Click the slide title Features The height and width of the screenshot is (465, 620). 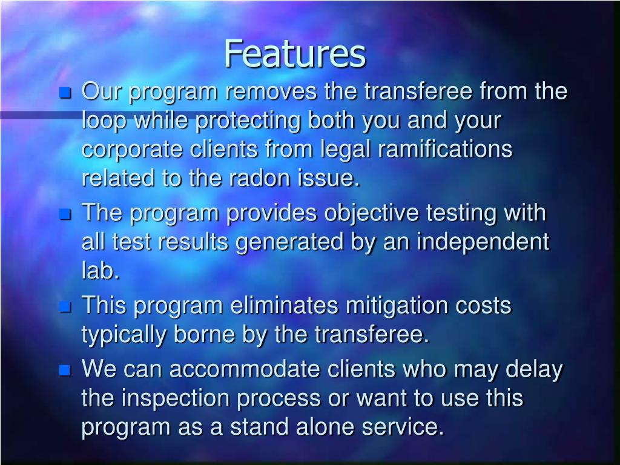pyautogui.click(x=295, y=54)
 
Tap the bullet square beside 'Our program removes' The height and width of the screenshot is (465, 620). pyautogui.click(x=65, y=93)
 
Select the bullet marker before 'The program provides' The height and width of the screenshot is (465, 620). pyautogui.click(x=65, y=214)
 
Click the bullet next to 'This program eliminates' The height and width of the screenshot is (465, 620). pyautogui.click(x=65, y=307)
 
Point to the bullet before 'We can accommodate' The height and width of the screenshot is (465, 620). pyautogui.click(x=65, y=370)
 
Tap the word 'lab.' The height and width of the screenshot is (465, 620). pyautogui.click(x=101, y=271)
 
